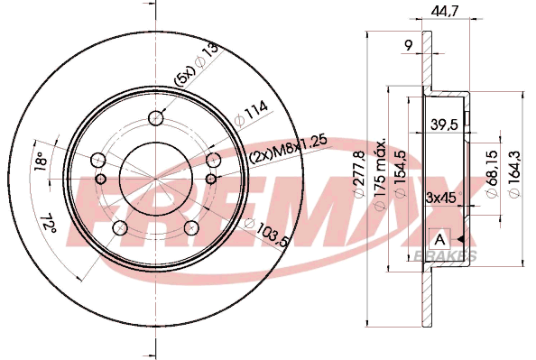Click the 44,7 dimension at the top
pos(444,11)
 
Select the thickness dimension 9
pos(408,45)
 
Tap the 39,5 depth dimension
pos(444,125)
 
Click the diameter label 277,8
pos(360,173)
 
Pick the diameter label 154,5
pos(401,173)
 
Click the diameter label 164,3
pos(514,173)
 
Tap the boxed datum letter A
pos(439,240)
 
